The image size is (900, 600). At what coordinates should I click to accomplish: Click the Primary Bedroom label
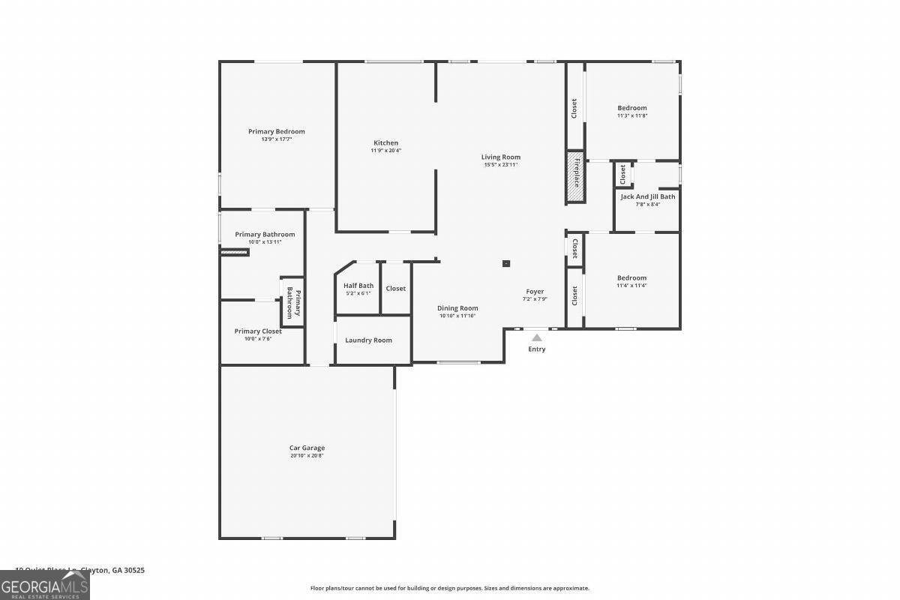point(277,131)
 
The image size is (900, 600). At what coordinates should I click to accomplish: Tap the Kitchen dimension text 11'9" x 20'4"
point(385,151)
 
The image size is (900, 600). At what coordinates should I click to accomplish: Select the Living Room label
point(500,157)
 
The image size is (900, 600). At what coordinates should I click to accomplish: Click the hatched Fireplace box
point(574,177)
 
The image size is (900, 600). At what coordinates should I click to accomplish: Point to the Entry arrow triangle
point(537,338)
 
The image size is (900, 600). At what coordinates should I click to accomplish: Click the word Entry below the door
point(537,349)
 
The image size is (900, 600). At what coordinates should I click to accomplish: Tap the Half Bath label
point(358,286)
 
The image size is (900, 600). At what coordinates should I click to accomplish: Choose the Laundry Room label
point(368,340)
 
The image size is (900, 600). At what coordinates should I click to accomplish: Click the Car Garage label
point(307,448)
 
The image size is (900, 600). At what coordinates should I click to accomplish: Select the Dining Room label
point(457,308)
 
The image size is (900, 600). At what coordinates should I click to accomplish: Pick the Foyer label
point(535,292)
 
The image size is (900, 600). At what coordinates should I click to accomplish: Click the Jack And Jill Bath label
point(647,196)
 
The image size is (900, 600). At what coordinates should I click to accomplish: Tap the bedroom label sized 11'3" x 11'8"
point(631,108)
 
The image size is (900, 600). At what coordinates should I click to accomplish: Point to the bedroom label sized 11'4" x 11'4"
point(631,277)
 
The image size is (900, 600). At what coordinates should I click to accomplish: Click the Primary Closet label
point(258,331)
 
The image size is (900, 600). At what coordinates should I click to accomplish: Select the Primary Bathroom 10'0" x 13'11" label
point(265,235)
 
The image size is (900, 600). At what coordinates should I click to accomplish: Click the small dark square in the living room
point(506,263)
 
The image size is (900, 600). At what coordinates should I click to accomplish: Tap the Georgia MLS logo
point(44,585)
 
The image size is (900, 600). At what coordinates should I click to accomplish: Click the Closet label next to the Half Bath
point(396,289)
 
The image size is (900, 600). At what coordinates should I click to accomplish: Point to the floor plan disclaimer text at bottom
point(450,588)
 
